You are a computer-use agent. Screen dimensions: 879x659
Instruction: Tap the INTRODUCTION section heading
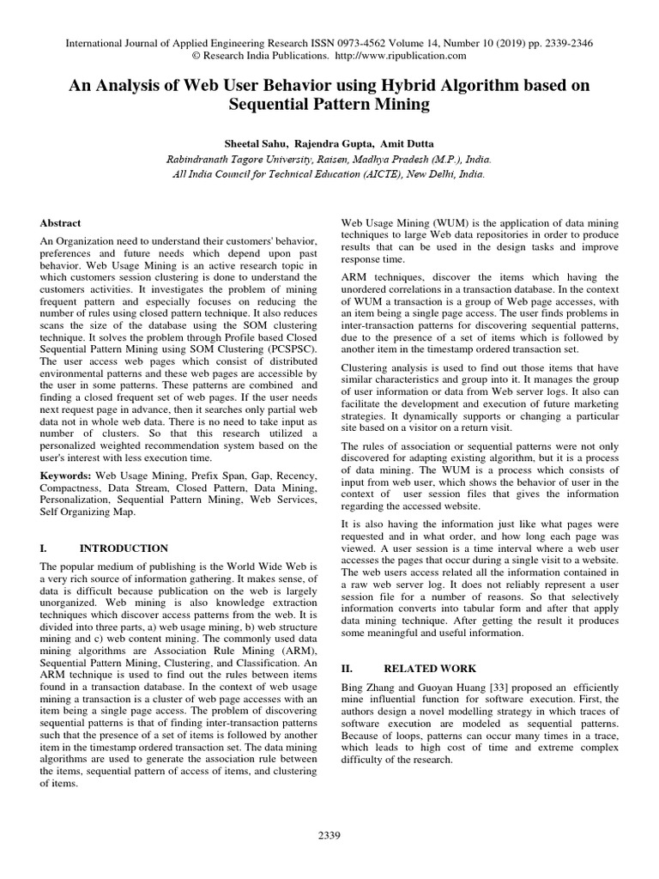pos(124,548)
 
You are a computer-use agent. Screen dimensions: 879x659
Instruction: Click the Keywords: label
pos(65,476)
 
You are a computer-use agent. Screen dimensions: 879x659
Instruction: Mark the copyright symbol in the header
pos(196,56)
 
